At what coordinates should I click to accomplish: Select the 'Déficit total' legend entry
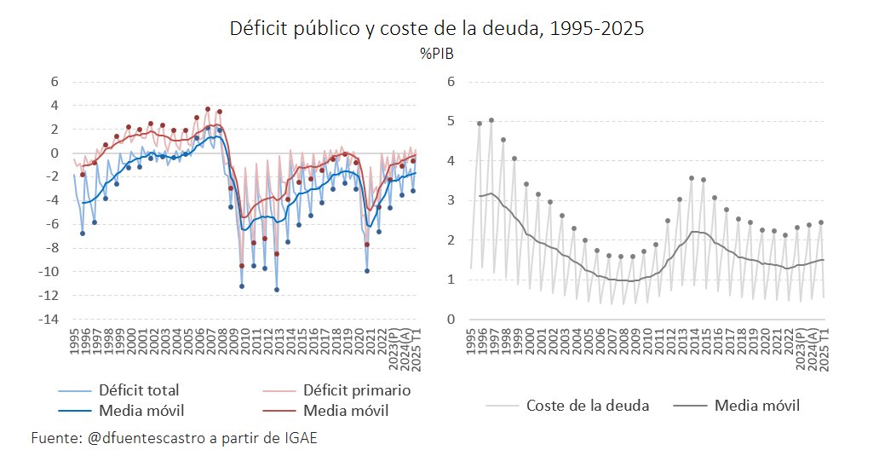click(x=139, y=390)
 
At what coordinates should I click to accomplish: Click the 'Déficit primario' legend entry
click(x=357, y=390)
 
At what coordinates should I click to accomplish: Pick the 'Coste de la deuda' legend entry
click(x=588, y=406)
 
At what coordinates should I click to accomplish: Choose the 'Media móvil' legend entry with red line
click(x=346, y=411)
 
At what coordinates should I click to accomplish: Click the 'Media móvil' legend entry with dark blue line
click(x=139, y=411)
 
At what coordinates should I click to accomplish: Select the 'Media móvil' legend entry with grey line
click(x=757, y=406)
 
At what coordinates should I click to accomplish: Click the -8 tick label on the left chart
click(x=52, y=248)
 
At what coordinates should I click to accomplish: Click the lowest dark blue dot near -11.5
click(x=277, y=290)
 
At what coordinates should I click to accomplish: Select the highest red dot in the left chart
click(x=208, y=109)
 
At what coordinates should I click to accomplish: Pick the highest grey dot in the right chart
click(x=491, y=120)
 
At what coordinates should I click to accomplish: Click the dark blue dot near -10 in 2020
click(x=367, y=271)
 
